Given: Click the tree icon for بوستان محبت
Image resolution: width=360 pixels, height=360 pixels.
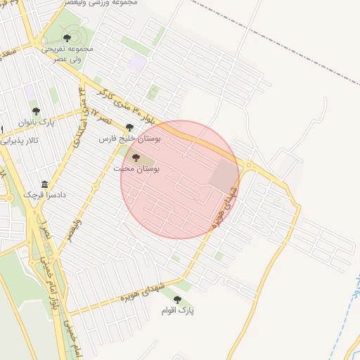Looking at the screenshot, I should pyautogui.click(x=136, y=158).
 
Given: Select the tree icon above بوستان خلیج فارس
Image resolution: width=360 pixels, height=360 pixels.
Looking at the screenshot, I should pyautogui.click(x=129, y=127).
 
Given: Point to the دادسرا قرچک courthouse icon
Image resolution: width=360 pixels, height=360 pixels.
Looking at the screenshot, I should pyautogui.click(x=45, y=184).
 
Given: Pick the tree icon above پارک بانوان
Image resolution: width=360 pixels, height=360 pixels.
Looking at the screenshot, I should pyautogui.click(x=35, y=111).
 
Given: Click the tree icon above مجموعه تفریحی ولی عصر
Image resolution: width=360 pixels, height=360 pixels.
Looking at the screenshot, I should pyautogui.click(x=67, y=38).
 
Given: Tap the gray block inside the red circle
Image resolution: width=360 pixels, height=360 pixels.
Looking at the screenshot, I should pyautogui.click(x=224, y=174).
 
